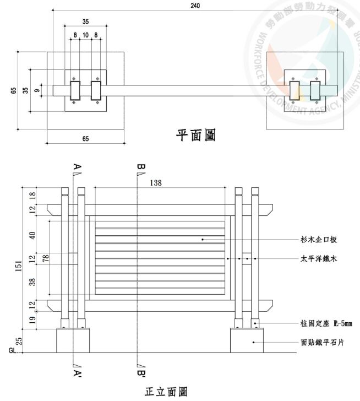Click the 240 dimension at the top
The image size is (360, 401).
pos(195,6)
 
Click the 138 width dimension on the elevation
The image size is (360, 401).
pos(156,183)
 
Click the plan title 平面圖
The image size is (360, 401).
pos(195,134)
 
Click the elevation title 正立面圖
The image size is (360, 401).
pos(166,392)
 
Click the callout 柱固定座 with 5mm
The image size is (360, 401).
pos(326,323)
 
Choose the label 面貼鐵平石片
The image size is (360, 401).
pos(326,342)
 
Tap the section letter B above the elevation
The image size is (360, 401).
pos(140,166)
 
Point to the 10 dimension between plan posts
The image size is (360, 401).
pos(85,35)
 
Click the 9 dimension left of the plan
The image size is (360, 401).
pos(36,91)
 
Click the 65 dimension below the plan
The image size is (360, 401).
pos(85,139)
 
